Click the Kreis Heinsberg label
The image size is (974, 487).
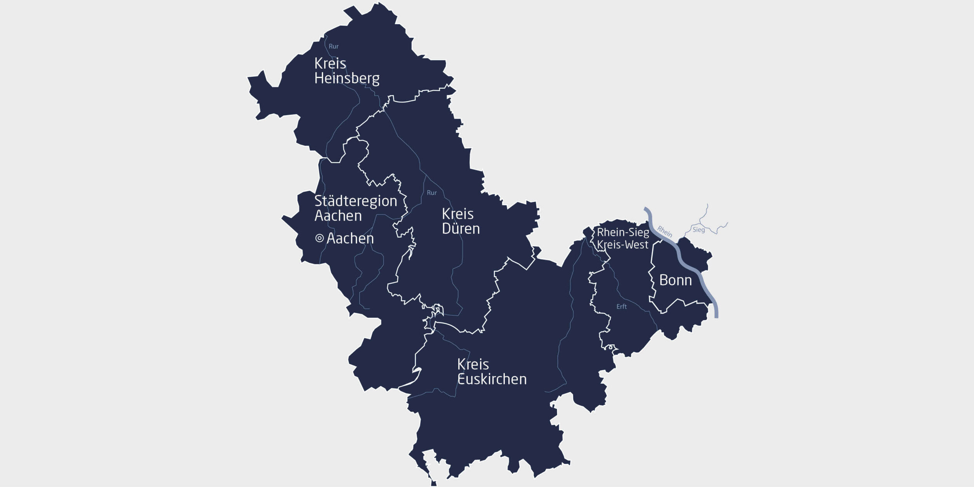(346, 71)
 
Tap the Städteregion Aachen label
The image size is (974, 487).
(355, 208)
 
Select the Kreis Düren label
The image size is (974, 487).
(461, 221)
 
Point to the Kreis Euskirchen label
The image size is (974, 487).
(492, 372)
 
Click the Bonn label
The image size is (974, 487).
(675, 280)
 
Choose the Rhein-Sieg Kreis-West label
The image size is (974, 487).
(623, 238)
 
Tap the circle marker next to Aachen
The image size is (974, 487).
(319, 238)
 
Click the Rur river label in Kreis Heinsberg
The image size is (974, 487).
(334, 46)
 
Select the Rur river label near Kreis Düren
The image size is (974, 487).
(431, 193)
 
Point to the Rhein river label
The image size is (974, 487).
(664, 231)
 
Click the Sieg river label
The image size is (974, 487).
(698, 230)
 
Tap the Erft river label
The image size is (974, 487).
(621, 306)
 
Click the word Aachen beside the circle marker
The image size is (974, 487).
(350, 238)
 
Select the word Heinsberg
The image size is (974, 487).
(346, 78)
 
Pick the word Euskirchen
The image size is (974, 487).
(492, 379)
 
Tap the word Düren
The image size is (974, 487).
(461, 229)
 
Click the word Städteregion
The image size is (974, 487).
(355, 201)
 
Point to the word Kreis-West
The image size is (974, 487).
(623, 245)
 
